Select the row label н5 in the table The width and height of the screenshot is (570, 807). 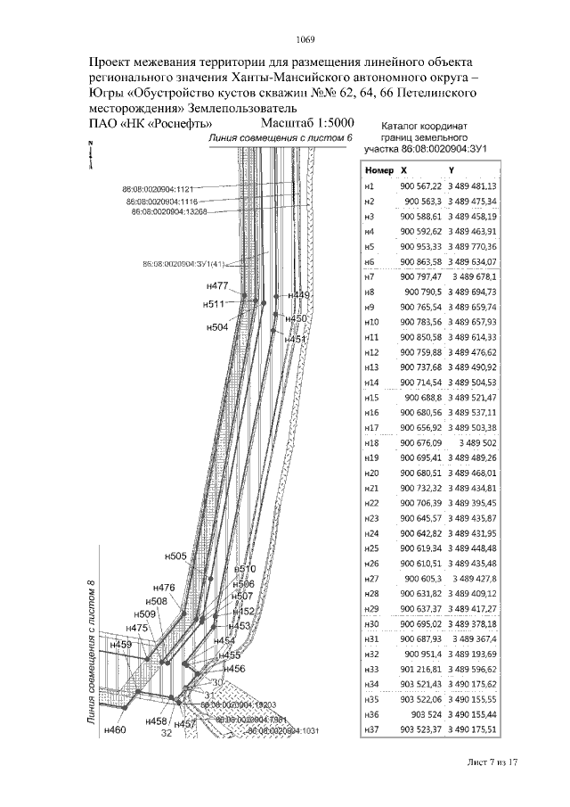pyautogui.click(x=370, y=246)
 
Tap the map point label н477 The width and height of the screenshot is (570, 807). pyautogui.click(x=216, y=287)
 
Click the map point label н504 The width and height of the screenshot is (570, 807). pyautogui.click(x=217, y=327)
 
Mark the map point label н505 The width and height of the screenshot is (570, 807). pyautogui.click(x=175, y=556)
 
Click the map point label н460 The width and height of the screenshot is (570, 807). pyautogui.click(x=115, y=730)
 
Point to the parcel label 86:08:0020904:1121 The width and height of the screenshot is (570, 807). pyautogui.click(x=157, y=189)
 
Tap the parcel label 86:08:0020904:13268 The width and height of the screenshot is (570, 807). pyautogui.click(x=168, y=212)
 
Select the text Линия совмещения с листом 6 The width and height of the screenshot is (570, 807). pyautogui.click(x=280, y=139)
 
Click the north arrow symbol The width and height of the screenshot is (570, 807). pyautogui.click(x=90, y=154)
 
